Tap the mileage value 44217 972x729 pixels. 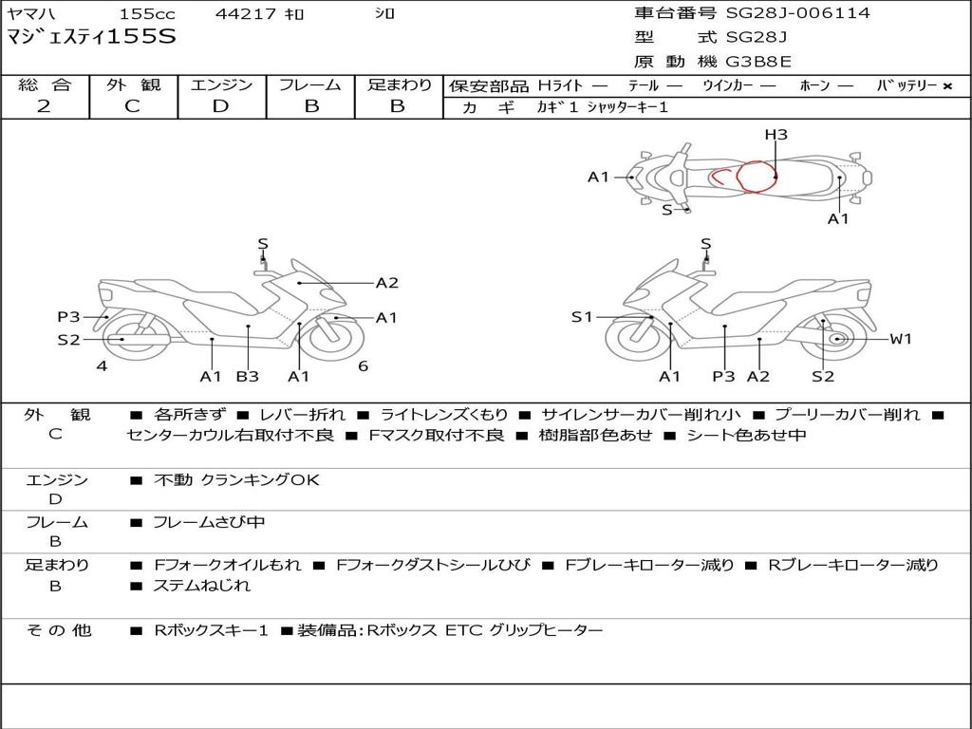pyautogui.click(x=246, y=14)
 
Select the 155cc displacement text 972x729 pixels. pyautogui.click(x=146, y=14)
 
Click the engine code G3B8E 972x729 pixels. pyautogui.click(x=758, y=62)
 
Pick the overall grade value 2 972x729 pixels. pyautogui.click(x=44, y=106)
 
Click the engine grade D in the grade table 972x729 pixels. pyautogui.click(x=221, y=106)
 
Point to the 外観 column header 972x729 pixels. pyautogui.click(x=133, y=84)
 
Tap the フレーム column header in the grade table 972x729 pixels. pyautogui.click(x=310, y=84)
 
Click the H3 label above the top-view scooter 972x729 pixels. pyautogui.click(x=776, y=135)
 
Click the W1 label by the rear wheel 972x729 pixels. pyautogui.click(x=900, y=339)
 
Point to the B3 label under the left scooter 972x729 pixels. pyautogui.click(x=247, y=377)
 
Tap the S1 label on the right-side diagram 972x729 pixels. pyautogui.click(x=582, y=317)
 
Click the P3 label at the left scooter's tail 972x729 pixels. pyautogui.click(x=68, y=317)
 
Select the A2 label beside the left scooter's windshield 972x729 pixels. pyautogui.click(x=386, y=282)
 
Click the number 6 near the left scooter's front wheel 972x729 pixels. pyautogui.click(x=363, y=365)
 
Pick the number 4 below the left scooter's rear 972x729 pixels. pyautogui.click(x=102, y=365)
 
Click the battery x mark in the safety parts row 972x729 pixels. pyautogui.click(x=946, y=85)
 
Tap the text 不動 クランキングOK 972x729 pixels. pyautogui.click(x=236, y=480)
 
